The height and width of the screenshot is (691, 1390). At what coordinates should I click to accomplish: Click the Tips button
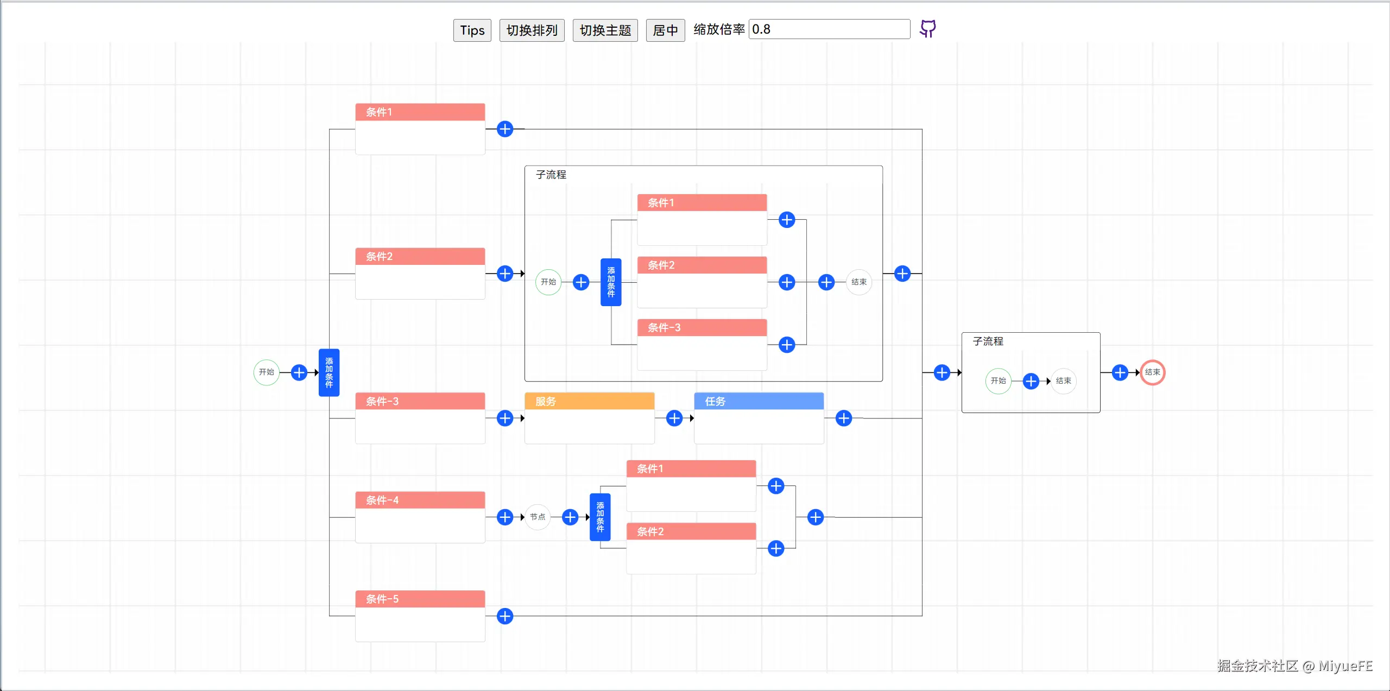click(472, 30)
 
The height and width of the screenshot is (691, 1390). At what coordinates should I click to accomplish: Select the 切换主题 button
click(605, 30)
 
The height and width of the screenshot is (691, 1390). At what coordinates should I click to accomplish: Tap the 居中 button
click(665, 30)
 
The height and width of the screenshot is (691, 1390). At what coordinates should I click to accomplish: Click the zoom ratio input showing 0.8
click(829, 29)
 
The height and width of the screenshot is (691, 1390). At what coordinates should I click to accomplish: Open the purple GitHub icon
click(927, 29)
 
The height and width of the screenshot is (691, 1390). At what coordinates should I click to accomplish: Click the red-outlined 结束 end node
click(1152, 372)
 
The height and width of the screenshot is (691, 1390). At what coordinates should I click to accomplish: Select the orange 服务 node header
click(589, 401)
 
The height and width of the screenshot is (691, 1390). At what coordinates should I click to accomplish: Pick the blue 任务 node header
click(759, 401)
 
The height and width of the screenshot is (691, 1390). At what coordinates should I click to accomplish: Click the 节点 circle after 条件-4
click(538, 517)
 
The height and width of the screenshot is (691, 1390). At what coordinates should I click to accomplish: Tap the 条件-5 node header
click(420, 599)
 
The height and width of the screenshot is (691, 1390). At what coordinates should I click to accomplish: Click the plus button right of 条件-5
click(505, 616)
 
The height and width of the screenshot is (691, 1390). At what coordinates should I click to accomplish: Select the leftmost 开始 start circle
click(267, 372)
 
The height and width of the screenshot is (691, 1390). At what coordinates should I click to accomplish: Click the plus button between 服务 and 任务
click(674, 418)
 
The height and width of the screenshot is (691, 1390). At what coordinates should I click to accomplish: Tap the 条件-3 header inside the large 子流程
click(702, 327)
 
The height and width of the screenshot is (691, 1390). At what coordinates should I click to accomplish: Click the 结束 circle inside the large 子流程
click(859, 282)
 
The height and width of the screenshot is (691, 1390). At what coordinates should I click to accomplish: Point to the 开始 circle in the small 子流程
click(998, 381)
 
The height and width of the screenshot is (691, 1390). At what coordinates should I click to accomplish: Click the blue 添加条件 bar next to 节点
click(600, 517)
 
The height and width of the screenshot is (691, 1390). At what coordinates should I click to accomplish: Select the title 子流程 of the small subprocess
click(988, 341)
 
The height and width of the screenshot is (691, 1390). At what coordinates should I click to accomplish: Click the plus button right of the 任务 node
click(844, 418)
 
